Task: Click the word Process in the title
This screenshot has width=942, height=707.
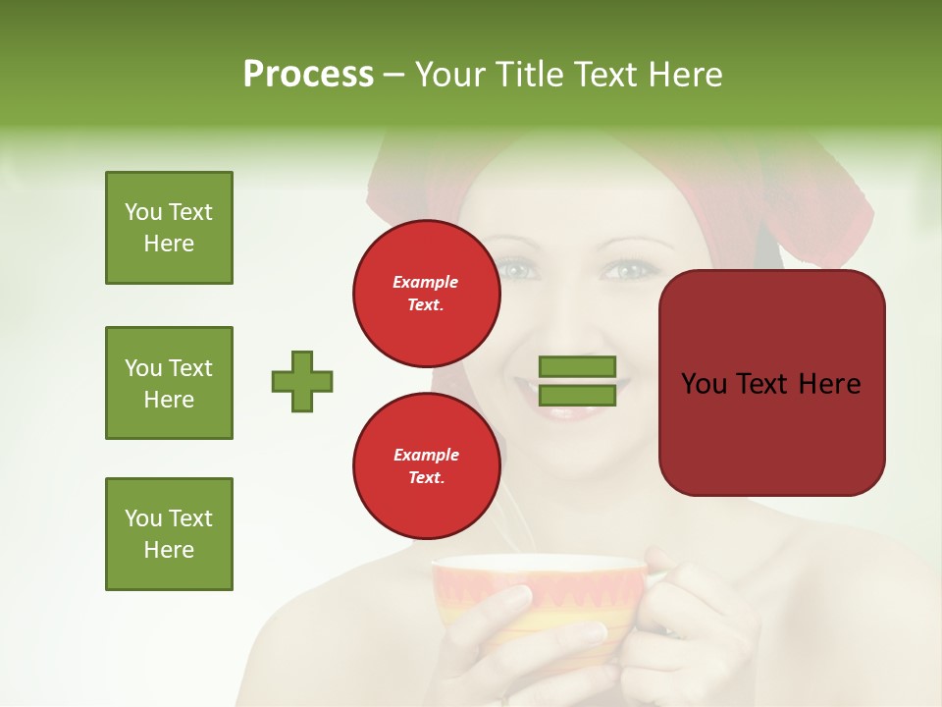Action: click(x=308, y=75)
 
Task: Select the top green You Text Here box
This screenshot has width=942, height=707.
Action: click(x=169, y=228)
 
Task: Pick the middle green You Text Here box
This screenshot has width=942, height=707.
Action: click(x=169, y=383)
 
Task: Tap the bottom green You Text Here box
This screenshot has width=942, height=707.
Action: click(x=169, y=534)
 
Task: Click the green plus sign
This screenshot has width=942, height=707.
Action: click(x=302, y=381)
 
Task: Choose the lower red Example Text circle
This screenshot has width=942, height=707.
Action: click(x=426, y=466)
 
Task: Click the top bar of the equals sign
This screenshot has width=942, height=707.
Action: click(x=577, y=367)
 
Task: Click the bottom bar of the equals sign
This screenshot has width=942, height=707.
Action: click(x=577, y=396)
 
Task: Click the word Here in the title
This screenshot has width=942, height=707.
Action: click(x=686, y=75)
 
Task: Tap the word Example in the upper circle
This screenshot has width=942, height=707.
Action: click(x=426, y=282)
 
